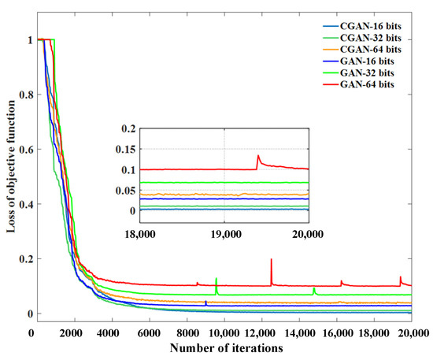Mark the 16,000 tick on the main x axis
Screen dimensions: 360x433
pos(339,332)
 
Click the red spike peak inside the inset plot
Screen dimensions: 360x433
pos(258,156)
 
